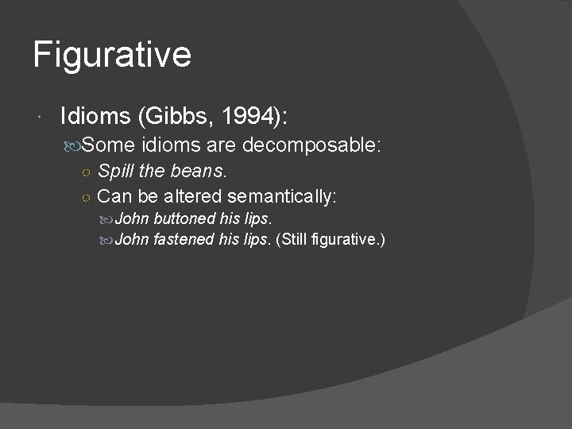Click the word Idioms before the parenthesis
95,117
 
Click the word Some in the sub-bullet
110,145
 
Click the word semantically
284,195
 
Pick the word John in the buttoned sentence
133,218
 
